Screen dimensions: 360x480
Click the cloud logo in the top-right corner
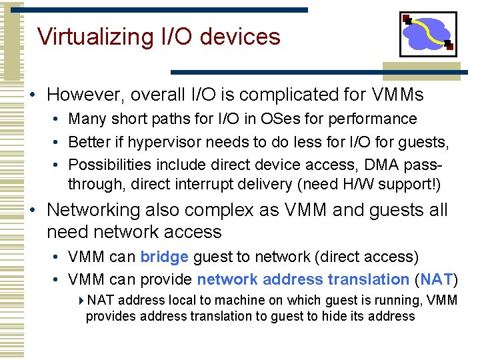[x=428, y=34]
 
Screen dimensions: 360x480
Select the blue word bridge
[x=165, y=257]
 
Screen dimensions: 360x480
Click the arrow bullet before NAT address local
[x=81, y=301]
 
